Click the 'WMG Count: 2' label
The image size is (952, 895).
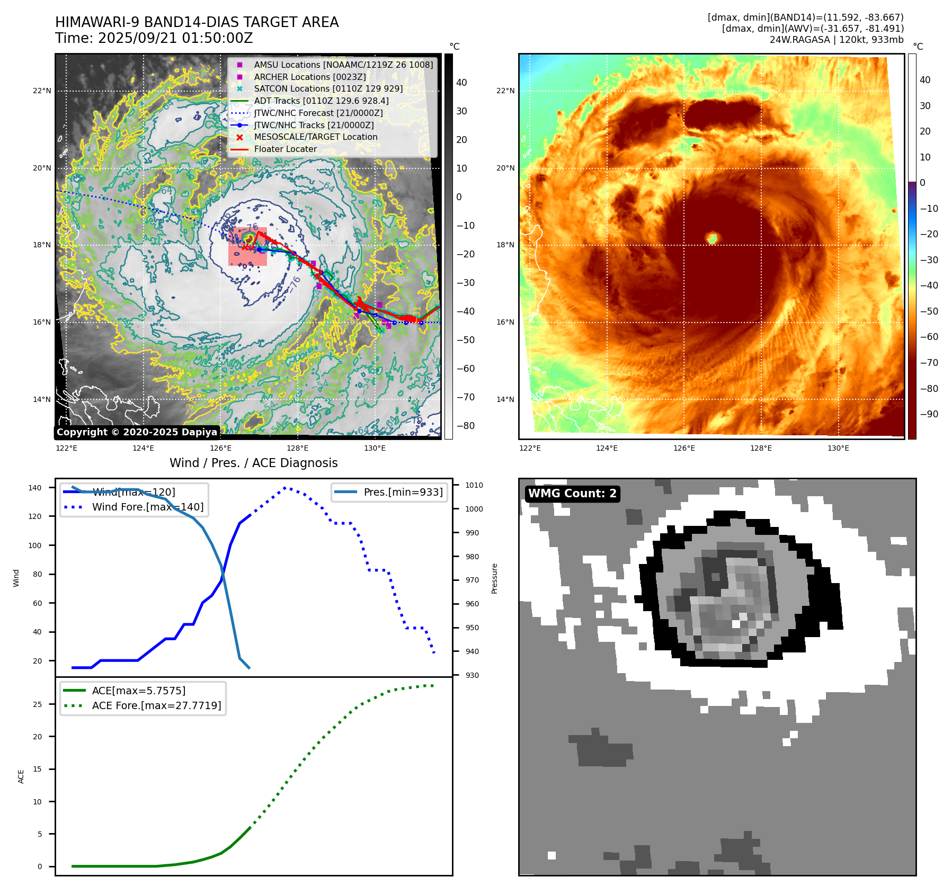[572, 494]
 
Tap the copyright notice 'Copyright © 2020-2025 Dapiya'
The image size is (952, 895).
[137, 432]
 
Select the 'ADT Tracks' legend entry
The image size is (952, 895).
[321, 101]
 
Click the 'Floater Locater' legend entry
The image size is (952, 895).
[285, 149]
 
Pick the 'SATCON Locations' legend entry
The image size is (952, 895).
[328, 88]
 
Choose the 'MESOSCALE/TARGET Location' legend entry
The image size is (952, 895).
[316, 137]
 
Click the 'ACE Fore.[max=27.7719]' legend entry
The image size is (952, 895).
[156, 705]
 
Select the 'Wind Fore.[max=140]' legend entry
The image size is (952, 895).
[147, 507]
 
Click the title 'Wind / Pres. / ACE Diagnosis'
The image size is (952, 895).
[253, 463]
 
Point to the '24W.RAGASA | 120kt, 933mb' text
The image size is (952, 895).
[837, 40]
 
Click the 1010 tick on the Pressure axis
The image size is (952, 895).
[474, 485]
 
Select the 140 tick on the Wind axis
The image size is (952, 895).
[35, 488]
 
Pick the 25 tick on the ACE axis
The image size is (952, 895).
[37, 704]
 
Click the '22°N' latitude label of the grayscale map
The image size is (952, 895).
[42, 91]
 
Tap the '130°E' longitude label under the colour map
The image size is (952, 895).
[838, 448]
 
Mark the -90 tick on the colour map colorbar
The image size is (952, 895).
[929, 414]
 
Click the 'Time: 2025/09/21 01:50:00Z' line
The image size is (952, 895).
[154, 38]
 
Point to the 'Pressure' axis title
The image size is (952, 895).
[494, 578]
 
